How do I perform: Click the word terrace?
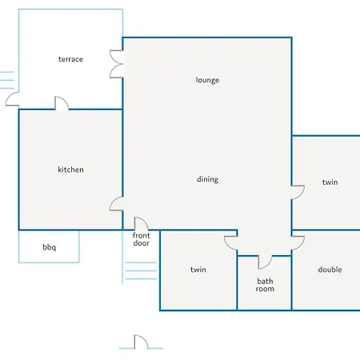[70, 59]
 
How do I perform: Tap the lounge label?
[207, 80]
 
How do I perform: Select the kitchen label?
[70, 170]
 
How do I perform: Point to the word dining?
[207, 179]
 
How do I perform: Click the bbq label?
[50, 247]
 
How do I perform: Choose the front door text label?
[141, 239]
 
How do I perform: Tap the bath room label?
[265, 285]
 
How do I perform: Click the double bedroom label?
[330, 270]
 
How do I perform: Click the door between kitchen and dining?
[117, 204]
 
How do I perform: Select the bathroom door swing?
[266, 262]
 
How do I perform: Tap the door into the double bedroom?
[298, 243]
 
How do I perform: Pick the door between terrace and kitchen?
[62, 103]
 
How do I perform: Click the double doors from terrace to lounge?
[117, 64]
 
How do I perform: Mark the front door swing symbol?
[142, 223]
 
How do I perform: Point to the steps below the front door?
[141, 271]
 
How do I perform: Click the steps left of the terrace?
[7, 80]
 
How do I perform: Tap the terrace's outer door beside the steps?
[12, 98]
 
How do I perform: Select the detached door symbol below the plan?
[141, 342]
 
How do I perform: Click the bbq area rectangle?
[49, 246]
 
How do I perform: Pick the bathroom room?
[264, 283]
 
